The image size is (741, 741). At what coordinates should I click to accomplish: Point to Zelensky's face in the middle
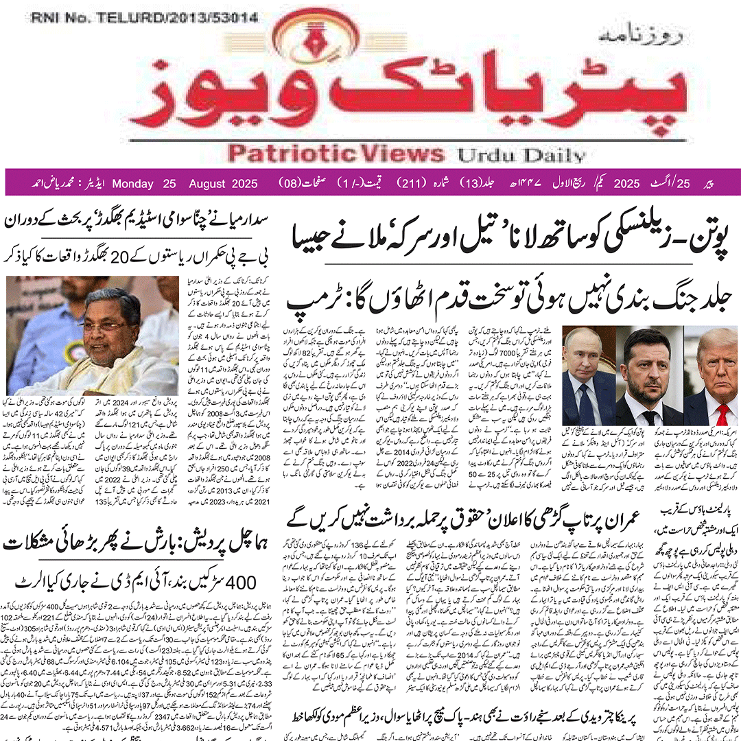[x=646, y=360]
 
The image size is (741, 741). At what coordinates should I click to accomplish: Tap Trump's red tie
[x=722, y=414]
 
